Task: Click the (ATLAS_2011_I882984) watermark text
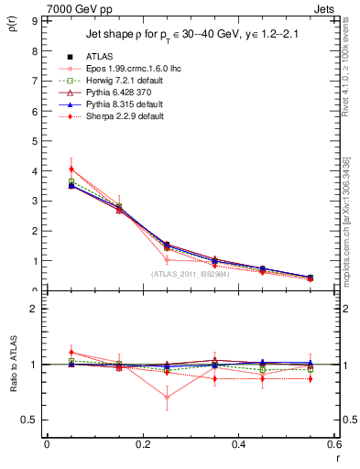pyautogui.click(x=190, y=274)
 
